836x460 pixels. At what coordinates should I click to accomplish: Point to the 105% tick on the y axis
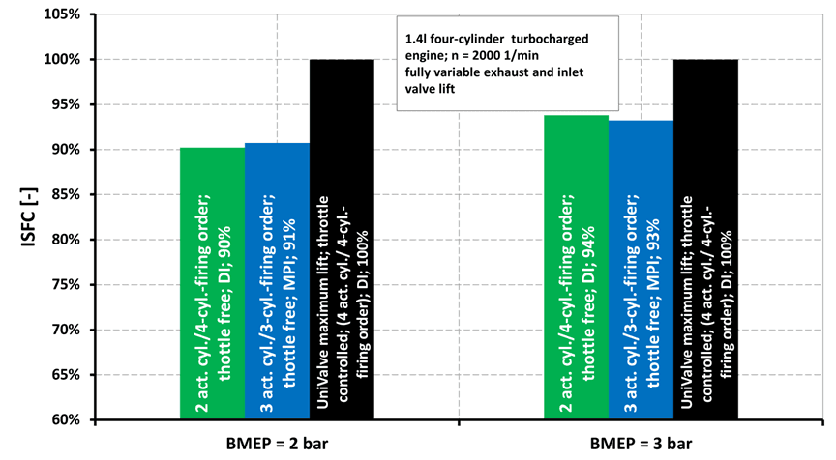point(66,14)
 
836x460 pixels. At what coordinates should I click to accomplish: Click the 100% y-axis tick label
point(66,60)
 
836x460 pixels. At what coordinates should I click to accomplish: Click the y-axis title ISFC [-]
point(28,217)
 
